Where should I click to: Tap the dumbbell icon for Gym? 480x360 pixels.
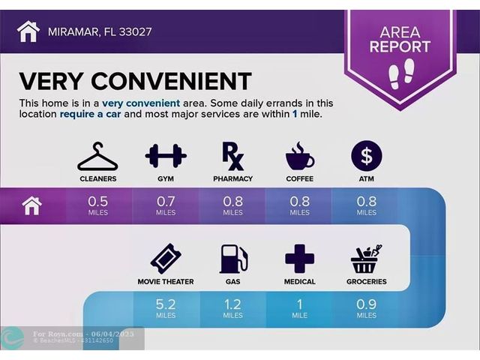(x=166, y=156)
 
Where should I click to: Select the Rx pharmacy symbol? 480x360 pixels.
(x=233, y=157)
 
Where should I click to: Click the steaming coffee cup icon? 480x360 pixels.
(x=300, y=156)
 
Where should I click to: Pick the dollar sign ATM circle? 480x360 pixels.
(x=367, y=155)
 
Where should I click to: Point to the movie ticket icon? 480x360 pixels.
(x=166, y=259)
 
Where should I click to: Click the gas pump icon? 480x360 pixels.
(x=233, y=259)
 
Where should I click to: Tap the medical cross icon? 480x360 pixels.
(x=300, y=259)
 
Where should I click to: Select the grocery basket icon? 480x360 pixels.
(x=367, y=259)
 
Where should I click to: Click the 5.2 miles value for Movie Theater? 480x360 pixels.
(x=166, y=308)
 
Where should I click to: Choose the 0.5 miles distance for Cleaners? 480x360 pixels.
(x=98, y=205)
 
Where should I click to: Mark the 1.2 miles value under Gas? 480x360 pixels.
(x=232, y=308)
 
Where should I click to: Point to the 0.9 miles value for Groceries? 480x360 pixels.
(x=367, y=308)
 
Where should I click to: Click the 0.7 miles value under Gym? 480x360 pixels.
(x=166, y=205)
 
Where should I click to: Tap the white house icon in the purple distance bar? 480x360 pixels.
(x=31, y=206)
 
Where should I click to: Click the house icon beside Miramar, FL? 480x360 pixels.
(x=28, y=31)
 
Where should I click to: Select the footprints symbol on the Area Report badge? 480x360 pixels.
(x=401, y=74)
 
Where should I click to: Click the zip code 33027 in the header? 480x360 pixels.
(x=135, y=31)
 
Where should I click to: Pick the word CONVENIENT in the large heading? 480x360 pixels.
(x=171, y=81)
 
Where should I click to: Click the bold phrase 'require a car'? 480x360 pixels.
(x=90, y=114)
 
